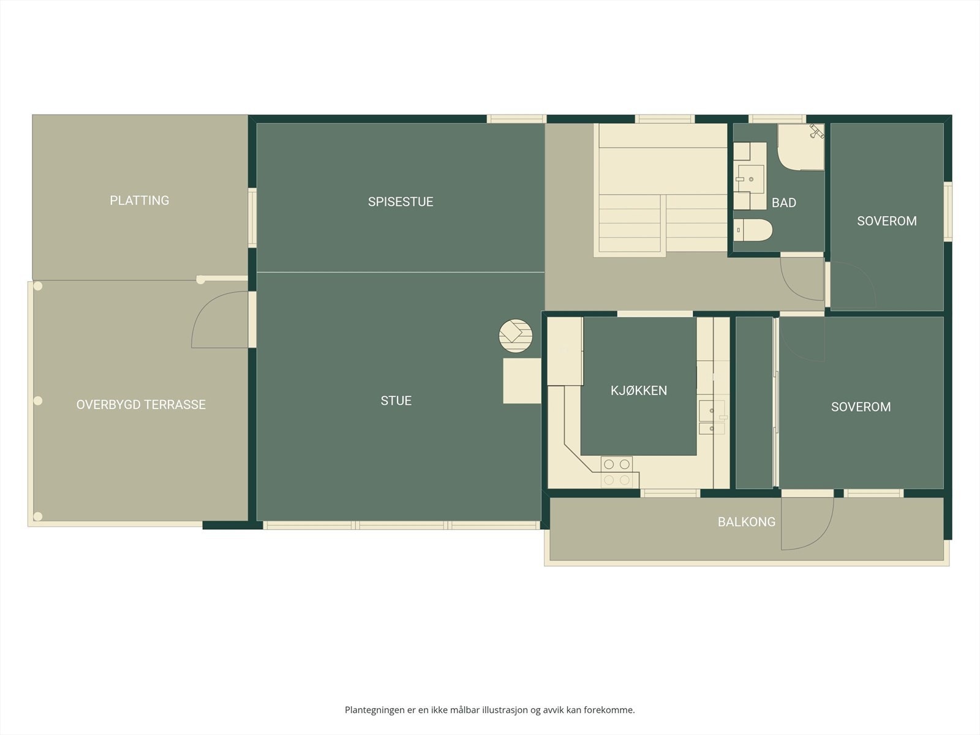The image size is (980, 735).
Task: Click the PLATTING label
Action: coord(139,200)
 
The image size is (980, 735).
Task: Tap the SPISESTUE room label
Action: coord(401,202)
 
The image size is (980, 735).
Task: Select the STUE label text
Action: coord(396,401)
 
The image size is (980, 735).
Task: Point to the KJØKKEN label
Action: coord(639,391)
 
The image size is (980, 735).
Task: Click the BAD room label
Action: coord(784,203)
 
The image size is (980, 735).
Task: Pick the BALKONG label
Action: coord(747,522)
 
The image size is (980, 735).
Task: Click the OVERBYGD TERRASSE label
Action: coord(141,405)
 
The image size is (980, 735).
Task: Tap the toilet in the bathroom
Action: coord(753,230)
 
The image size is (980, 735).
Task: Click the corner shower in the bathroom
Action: coord(801,147)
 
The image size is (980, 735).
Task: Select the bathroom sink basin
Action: coord(750,179)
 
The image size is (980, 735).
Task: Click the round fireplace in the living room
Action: coord(516,336)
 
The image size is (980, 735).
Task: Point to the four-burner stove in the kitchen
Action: coord(617,472)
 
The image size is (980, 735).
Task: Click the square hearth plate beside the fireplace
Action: coord(522,380)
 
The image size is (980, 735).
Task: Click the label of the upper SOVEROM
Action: coord(887,221)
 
